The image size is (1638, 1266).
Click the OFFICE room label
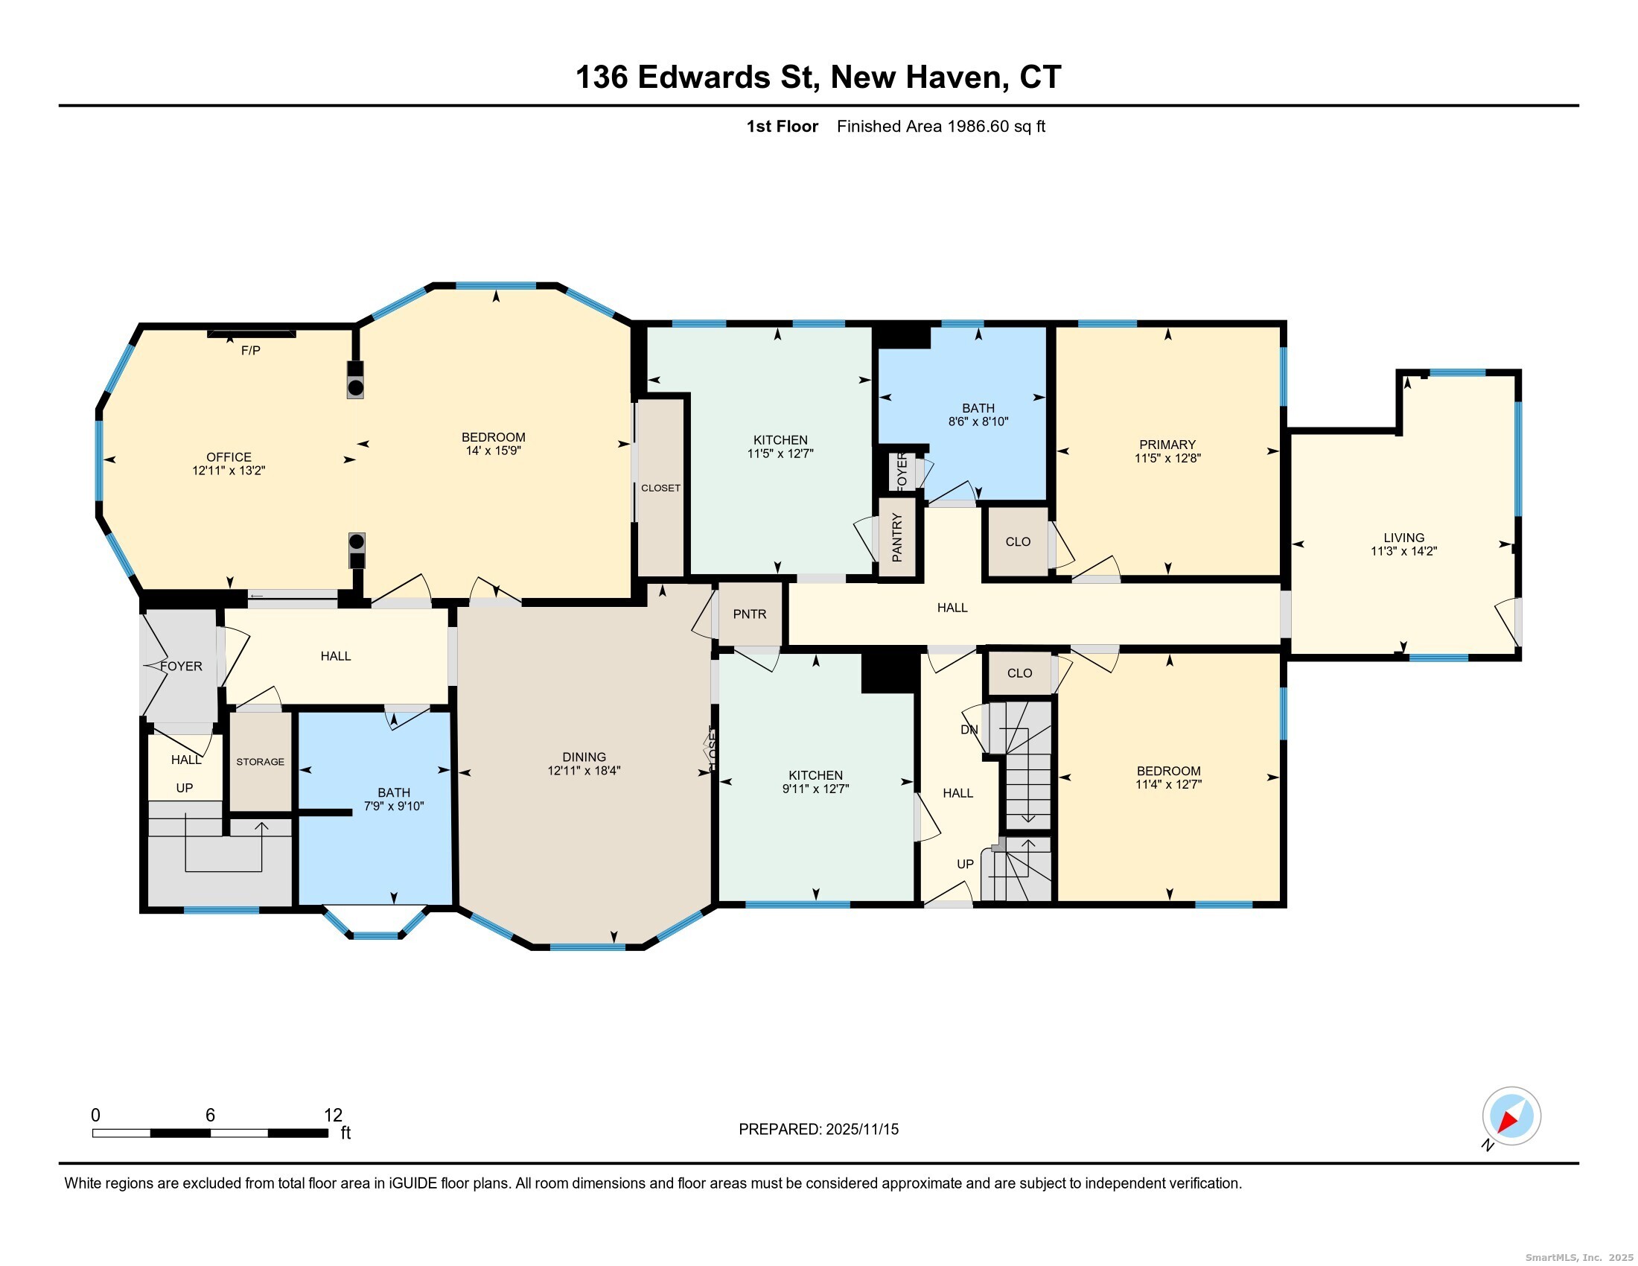(229, 457)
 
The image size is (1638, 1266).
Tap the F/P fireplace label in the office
(250, 350)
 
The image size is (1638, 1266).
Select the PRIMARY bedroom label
(1167, 444)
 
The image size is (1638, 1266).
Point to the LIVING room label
(1403, 537)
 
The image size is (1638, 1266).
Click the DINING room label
(584, 757)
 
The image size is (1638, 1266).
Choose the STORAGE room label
(261, 761)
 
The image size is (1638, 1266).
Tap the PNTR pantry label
(749, 614)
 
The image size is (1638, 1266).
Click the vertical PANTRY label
(897, 537)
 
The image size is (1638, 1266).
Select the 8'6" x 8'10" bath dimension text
(978, 422)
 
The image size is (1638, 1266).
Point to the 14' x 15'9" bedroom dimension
(493, 451)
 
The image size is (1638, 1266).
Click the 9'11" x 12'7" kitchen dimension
(815, 788)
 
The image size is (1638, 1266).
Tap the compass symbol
(1511, 1116)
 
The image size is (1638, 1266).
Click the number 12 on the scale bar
(333, 1116)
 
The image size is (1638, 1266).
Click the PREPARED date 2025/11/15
(861, 1129)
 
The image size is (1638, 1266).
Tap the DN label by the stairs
(969, 729)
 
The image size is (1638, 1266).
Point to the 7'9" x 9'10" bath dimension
(394, 807)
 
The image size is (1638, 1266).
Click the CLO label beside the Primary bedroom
(1018, 541)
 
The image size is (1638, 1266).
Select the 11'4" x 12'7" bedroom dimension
(1168, 784)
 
